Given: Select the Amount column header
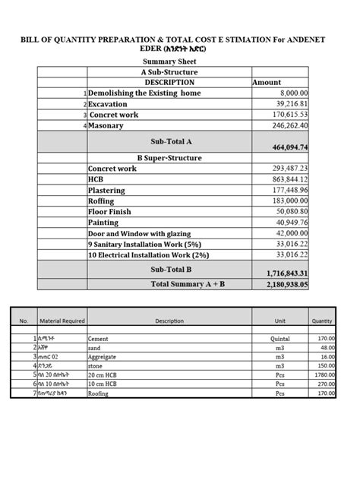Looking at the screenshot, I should (266, 82).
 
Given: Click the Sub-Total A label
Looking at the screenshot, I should (169, 141).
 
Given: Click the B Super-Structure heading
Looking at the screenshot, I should (169, 158).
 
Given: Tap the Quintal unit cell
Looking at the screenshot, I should (280, 339).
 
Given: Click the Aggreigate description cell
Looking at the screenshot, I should (106, 356).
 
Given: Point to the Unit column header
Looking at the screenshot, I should (280, 321).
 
